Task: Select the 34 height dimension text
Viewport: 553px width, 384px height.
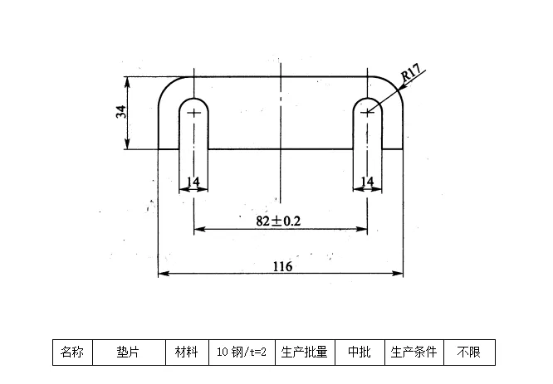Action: tap(121, 113)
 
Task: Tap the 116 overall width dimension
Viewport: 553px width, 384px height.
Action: tap(282, 266)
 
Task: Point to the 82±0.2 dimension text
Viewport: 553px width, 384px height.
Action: tap(278, 221)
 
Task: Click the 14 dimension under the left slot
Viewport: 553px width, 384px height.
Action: tap(193, 182)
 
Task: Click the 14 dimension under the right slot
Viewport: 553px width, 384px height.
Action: tap(367, 182)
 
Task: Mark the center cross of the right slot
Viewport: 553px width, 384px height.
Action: tap(367, 112)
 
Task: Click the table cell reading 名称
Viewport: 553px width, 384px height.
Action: tap(72, 352)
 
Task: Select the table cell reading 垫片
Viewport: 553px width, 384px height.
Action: tap(128, 352)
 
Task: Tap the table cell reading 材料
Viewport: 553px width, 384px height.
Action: tap(186, 352)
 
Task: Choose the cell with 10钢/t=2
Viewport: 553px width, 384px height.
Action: tap(241, 352)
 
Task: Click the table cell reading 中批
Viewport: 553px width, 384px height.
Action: tap(359, 352)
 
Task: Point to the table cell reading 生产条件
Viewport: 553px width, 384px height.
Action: tap(414, 352)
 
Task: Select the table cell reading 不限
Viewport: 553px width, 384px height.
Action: tap(468, 352)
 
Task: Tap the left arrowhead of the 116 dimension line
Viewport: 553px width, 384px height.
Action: tap(162, 274)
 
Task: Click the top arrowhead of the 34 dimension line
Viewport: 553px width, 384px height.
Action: tap(128, 80)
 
